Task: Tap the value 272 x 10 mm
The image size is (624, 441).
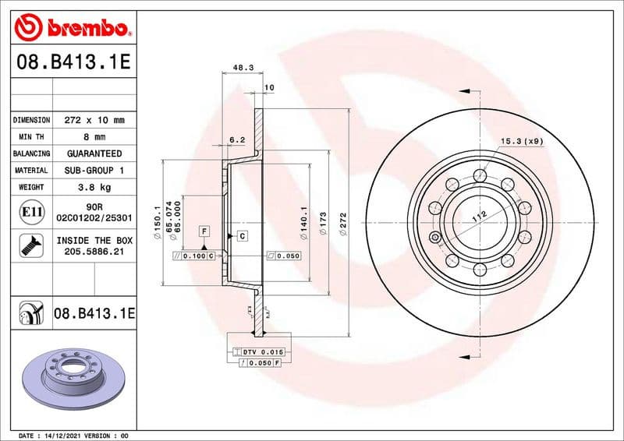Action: [x=94, y=121]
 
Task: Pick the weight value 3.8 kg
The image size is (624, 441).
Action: [x=94, y=187]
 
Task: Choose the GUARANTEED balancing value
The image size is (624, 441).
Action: [x=94, y=154]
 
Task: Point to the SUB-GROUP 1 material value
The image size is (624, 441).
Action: [x=94, y=170]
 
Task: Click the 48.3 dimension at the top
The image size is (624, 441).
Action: [x=243, y=69]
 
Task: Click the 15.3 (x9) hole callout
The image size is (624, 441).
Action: [x=520, y=141]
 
